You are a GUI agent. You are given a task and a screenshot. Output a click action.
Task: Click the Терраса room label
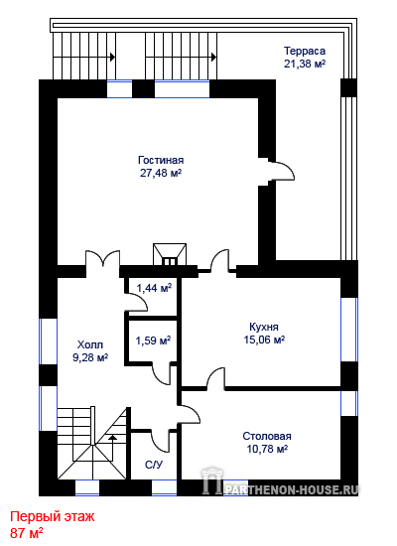[x=305, y=51]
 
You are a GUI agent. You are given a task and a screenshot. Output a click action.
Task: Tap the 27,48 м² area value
[x=161, y=173]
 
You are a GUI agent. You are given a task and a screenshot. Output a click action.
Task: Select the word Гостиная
[x=161, y=160]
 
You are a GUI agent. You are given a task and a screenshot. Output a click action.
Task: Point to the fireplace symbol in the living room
[x=170, y=254]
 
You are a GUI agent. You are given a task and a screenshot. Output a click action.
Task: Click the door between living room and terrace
[x=281, y=171]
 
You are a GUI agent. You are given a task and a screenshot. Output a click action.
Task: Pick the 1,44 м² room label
[x=154, y=288]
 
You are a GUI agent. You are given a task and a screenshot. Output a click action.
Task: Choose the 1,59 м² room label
[x=153, y=341]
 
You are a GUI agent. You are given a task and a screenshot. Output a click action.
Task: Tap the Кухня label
[x=264, y=327]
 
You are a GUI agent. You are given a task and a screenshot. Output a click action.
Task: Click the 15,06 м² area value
[x=264, y=340]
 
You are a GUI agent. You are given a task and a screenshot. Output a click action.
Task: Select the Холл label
[x=90, y=344]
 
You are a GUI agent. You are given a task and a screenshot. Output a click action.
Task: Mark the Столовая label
[x=267, y=436]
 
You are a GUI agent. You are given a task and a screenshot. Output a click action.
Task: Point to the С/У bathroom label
[x=154, y=465]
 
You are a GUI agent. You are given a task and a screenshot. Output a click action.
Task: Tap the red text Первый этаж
[x=53, y=516]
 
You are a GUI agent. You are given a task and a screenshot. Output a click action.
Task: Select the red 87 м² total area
[x=27, y=533]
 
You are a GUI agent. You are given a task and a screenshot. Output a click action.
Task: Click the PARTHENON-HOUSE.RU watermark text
[x=292, y=490]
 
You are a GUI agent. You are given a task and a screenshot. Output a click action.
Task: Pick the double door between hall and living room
[x=103, y=259]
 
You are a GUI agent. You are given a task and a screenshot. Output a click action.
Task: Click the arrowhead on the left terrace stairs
[x=113, y=57]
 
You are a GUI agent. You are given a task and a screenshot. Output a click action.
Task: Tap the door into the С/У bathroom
[x=161, y=442]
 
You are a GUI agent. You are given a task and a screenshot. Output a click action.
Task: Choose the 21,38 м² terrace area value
[x=305, y=64]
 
